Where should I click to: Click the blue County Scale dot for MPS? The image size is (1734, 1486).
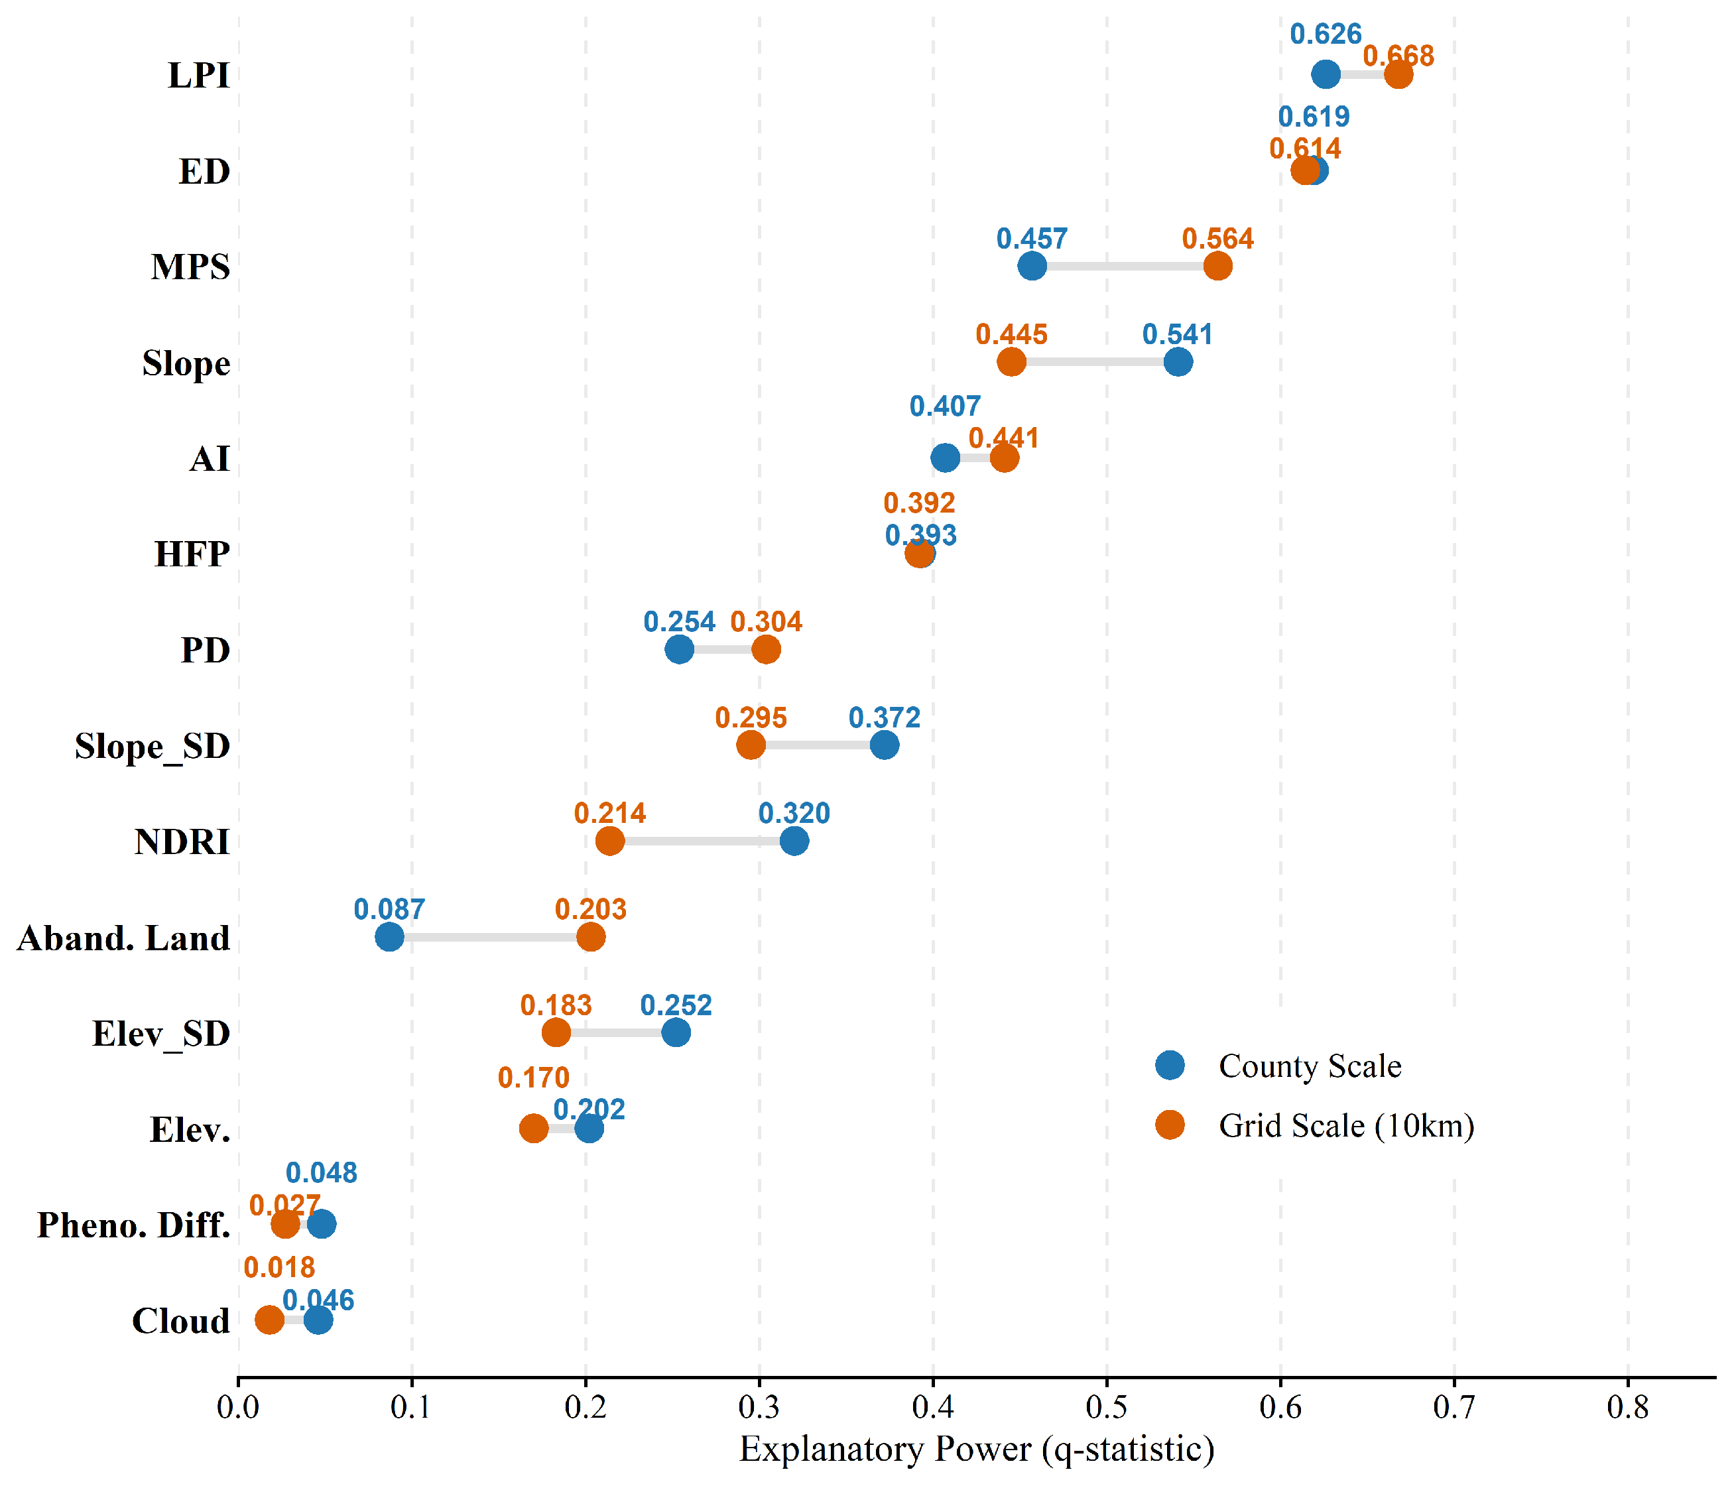pos(1032,266)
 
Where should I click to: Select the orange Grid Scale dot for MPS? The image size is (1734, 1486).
pos(1217,266)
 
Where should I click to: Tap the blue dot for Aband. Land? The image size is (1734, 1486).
pos(389,937)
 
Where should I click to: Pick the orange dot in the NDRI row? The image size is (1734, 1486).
pos(610,841)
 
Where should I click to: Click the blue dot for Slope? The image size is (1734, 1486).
pos(1178,362)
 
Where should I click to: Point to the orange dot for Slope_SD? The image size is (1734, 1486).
pos(751,745)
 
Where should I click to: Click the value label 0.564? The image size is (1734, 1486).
pos(1217,239)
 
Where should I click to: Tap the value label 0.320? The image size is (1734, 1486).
pos(794,813)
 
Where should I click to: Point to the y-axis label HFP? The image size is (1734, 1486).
pos(192,554)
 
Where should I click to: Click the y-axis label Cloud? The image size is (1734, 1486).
pos(181,1321)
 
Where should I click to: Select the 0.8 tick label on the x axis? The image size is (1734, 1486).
pos(1628,1407)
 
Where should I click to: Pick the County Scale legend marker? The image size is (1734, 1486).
pos(1170,1065)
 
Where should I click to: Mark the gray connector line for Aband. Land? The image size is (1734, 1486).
pos(489,937)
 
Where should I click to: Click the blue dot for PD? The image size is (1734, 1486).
pos(680,649)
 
